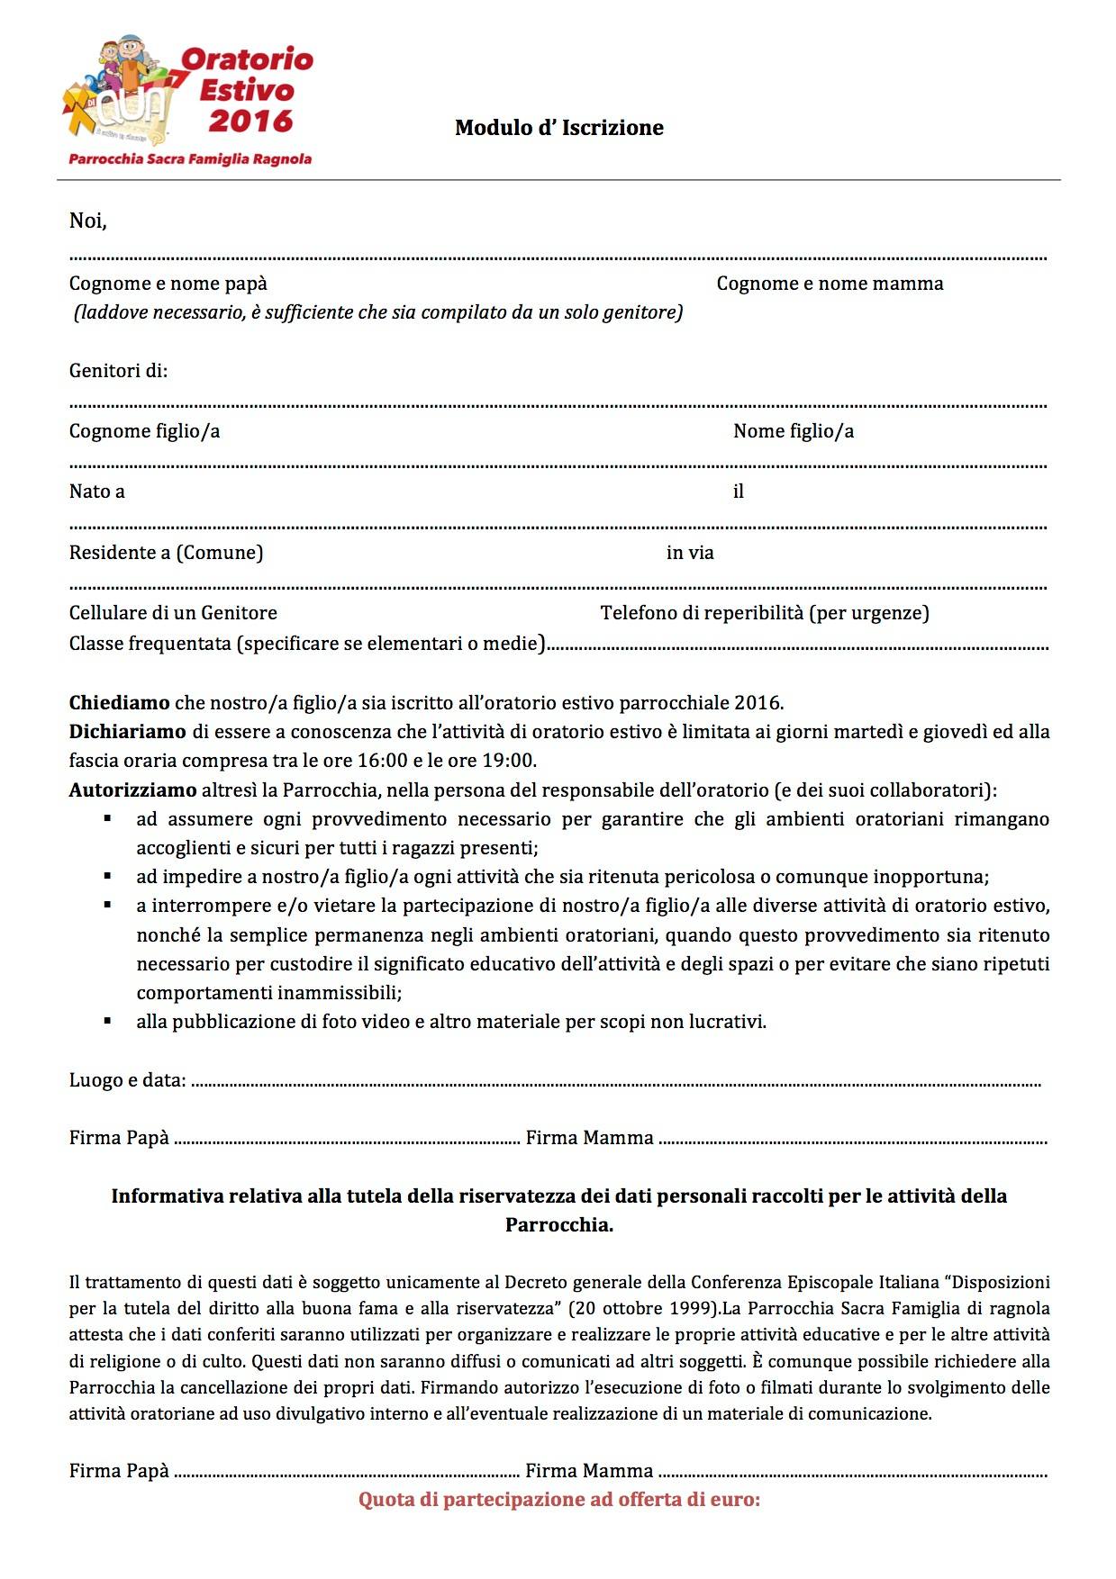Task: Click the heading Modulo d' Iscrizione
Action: coord(558,128)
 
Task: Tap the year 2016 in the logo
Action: coord(250,121)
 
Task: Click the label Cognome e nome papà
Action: coord(168,284)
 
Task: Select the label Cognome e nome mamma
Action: coord(830,284)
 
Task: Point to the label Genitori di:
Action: coord(118,371)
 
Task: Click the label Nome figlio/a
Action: coord(793,431)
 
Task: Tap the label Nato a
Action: coord(97,492)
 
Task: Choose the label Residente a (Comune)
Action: coord(166,553)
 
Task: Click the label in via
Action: coord(690,553)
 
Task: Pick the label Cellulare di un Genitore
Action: coord(173,613)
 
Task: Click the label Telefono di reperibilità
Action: coord(765,613)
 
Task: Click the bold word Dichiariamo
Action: coord(127,732)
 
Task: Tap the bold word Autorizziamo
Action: coord(132,790)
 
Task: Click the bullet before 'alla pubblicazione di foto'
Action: coord(108,1021)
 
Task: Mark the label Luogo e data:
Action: coord(128,1080)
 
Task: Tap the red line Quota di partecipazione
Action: coord(558,1500)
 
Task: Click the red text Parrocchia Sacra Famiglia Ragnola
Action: coord(190,159)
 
